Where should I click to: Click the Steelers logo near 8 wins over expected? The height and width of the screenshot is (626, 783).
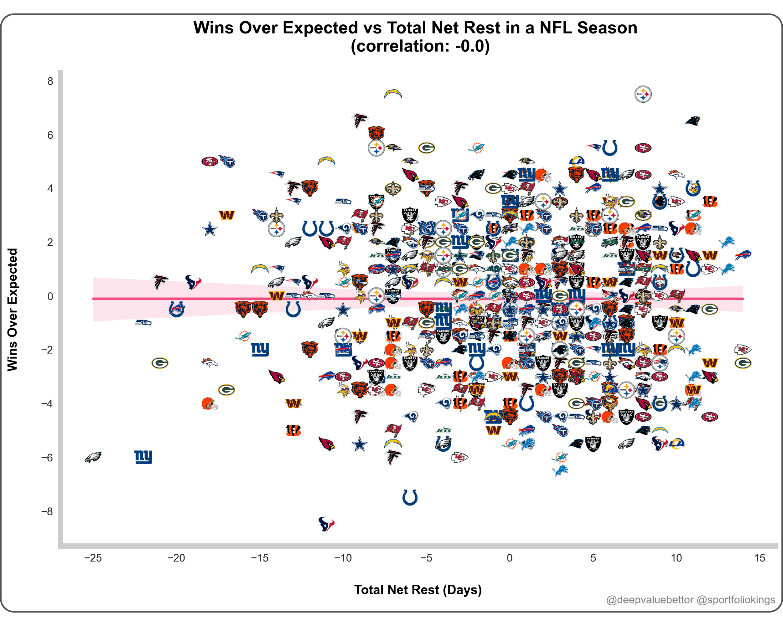643,94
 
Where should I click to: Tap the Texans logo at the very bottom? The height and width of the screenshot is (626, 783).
326,524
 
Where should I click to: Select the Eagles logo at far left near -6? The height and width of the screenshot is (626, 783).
93,457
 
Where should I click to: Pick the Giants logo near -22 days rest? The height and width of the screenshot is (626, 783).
143,457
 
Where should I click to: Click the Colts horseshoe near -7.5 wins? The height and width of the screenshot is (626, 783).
410,497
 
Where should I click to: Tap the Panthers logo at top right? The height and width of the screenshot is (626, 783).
693,121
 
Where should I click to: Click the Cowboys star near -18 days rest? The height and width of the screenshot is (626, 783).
210,229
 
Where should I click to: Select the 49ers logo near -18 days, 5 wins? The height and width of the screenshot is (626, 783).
210,161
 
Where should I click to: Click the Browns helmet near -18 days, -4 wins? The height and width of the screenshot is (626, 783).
210,403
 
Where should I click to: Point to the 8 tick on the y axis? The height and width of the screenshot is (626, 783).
50,81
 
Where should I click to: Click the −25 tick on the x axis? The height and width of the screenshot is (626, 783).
93,558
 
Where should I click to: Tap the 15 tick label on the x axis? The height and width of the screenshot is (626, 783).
760,558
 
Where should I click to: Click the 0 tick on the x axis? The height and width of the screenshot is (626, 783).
510,558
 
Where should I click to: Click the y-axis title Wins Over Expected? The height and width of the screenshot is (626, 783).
12,310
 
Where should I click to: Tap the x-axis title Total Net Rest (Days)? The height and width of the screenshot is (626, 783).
417,590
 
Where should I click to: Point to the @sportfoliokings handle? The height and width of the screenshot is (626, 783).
736,600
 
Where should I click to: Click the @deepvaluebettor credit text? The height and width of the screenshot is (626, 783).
650,600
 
